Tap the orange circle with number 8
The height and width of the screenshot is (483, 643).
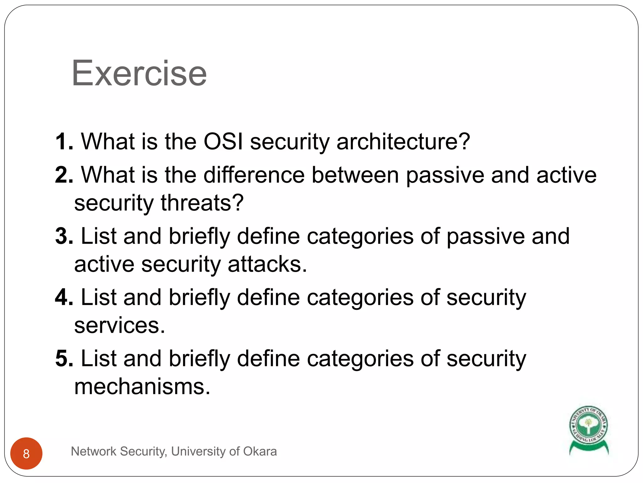tap(26, 453)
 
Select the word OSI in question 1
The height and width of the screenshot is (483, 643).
tap(223, 142)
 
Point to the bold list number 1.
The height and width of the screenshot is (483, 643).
tap(64, 142)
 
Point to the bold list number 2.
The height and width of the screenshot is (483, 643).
tap(64, 175)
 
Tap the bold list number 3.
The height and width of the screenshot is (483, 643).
tap(64, 236)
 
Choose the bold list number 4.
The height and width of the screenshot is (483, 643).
tap(64, 297)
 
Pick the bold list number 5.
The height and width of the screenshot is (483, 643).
tap(64, 358)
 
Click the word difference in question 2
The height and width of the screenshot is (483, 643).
tap(254, 175)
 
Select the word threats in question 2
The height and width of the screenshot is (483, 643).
tap(202, 203)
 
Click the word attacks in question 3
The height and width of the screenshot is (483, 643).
tap(267, 264)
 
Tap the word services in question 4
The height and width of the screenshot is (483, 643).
tap(119, 325)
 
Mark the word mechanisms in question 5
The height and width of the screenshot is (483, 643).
tap(142, 386)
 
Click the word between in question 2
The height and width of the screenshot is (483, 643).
tap(355, 175)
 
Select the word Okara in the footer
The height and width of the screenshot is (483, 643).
tap(260, 451)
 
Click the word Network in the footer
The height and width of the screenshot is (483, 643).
tap(94, 451)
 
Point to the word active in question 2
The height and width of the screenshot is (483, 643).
tap(566, 175)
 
